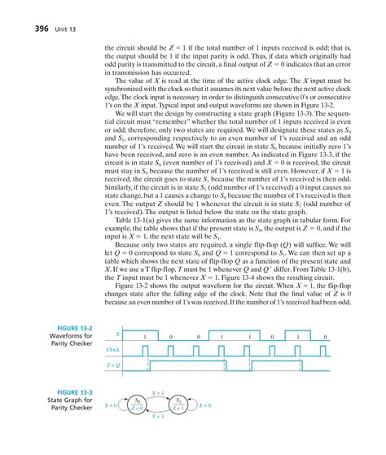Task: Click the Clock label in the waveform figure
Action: pos(113,371)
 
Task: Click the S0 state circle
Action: pos(140,427)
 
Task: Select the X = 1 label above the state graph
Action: pos(160,416)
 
